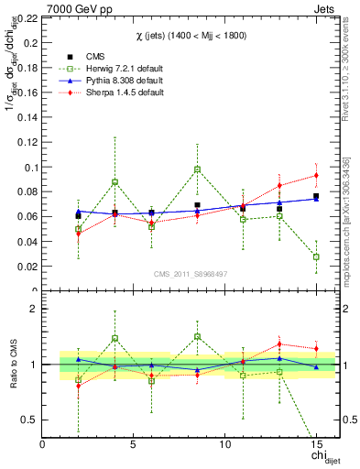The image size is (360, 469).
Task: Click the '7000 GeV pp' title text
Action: pos(71,7)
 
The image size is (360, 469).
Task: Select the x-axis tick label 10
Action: pos(224,445)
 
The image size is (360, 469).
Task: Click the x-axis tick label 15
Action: pos(316,445)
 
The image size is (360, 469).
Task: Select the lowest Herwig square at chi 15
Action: pos(316,257)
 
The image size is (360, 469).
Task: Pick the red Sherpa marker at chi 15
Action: pos(316,175)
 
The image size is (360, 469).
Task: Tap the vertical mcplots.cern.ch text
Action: pos(350,211)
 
